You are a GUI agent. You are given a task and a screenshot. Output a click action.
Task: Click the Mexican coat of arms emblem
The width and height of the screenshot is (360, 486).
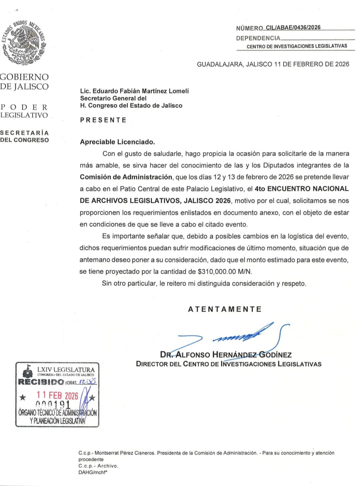pos(24,43)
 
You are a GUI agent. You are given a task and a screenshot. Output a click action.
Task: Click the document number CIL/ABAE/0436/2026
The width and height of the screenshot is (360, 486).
pos(291,28)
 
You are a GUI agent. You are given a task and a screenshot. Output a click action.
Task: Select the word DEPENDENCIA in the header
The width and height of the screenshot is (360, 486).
pos(258,38)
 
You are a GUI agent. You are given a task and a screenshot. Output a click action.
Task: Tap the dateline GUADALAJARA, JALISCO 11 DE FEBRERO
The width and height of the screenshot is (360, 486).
pos(273,64)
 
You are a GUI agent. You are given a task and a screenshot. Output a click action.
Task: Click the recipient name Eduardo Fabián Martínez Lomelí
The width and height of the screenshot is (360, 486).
pos(140,91)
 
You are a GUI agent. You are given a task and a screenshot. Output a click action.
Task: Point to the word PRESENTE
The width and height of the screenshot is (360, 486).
pos(103,120)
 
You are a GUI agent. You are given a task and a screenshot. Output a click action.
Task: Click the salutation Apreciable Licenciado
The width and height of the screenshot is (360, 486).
pos(117,142)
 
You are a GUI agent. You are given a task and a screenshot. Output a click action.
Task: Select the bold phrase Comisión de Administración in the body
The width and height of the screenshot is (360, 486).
pos(126,177)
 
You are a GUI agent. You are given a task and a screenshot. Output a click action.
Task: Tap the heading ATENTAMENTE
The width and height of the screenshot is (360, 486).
pos(225,309)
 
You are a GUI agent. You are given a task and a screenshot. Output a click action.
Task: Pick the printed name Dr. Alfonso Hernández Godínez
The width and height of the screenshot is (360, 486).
pos(226,355)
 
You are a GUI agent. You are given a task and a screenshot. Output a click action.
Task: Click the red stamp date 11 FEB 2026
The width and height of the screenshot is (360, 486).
pos(57,395)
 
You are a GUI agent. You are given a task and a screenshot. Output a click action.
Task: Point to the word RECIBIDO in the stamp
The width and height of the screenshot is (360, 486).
pos(41,382)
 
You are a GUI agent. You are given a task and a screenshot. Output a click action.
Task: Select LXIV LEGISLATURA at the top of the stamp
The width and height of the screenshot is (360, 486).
pos(66,369)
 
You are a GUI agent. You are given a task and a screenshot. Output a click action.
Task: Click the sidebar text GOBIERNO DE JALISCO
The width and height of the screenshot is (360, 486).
pos(24,82)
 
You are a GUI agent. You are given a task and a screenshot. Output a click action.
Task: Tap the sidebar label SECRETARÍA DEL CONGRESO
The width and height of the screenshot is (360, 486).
pos(24,137)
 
